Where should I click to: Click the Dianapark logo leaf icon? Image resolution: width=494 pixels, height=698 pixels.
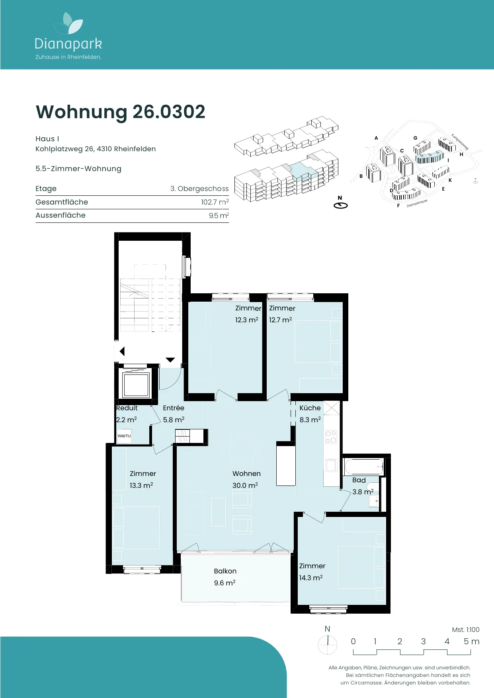pos(68,23)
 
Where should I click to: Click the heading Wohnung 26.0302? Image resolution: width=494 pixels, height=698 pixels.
pos(121,112)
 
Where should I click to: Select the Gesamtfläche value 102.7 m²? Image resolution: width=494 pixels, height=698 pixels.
pos(215,202)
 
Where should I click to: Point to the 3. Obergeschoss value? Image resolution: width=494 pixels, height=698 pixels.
pos(199,189)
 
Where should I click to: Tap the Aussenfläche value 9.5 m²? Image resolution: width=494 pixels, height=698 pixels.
pos(219,215)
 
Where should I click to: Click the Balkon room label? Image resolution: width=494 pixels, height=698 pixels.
pos(225,571)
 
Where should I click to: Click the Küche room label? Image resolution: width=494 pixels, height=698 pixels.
pos(310,408)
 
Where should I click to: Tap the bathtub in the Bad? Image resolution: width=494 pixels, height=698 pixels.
pos(364,466)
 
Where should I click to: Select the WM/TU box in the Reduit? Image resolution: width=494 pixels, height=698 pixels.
pos(124,436)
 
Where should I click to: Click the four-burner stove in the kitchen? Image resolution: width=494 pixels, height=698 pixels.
pos(331,437)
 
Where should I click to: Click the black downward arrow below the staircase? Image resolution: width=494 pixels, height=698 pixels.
pos(170,360)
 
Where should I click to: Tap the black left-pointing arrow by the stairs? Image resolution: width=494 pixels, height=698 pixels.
pos(122,351)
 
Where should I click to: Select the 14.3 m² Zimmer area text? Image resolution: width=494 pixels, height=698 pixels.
pos(311,577)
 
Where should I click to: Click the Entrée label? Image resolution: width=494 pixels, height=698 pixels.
pos(174,408)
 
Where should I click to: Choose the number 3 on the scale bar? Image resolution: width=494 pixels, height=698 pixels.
pos(424,641)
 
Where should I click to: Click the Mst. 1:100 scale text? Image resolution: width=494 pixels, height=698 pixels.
pos(466,630)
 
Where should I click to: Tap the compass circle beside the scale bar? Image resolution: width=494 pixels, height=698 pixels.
pos(328,644)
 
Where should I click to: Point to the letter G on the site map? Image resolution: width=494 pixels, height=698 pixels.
pos(415,138)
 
